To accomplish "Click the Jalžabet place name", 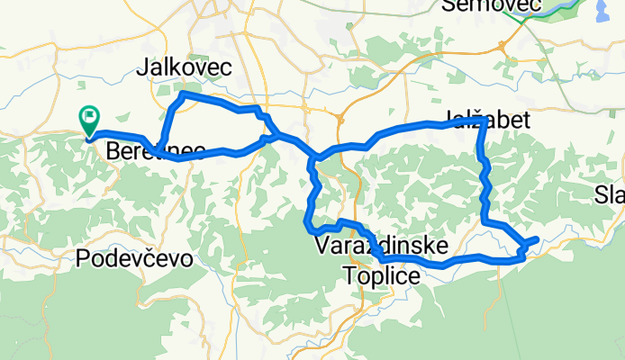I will [x=486, y=120].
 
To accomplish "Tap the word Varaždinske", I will [x=382, y=244].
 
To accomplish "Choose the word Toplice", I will [x=382, y=276].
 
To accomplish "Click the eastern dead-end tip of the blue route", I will [x=538, y=238].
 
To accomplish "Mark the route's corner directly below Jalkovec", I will [x=183, y=94].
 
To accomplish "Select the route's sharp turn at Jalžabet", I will [x=484, y=120].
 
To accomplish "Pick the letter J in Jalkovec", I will [x=140, y=67].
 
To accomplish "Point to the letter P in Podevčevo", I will [x=84, y=260].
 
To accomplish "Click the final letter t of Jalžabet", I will [x=524, y=120].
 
